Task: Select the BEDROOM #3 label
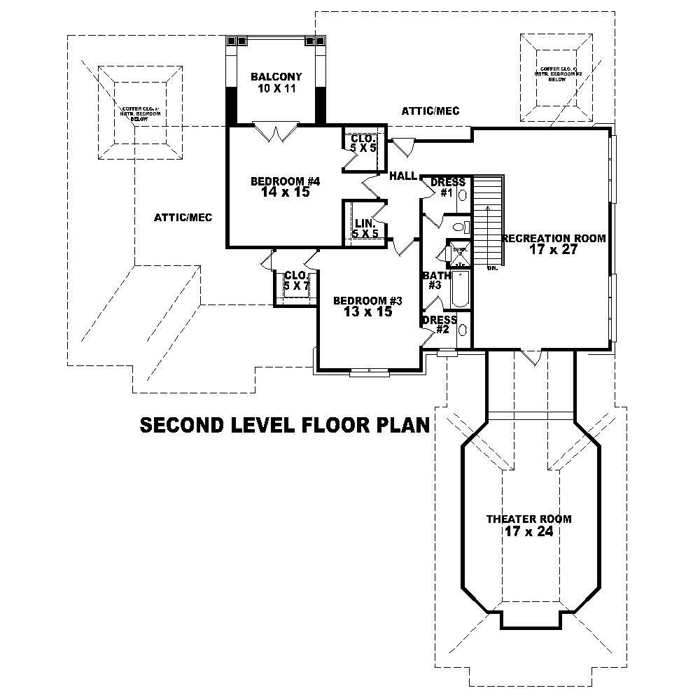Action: coord(367,301)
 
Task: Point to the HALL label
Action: coord(403,176)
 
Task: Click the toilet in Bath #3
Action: coord(459,227)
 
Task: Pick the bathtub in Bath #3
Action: coord(461,289)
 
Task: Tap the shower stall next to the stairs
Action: coord(459,253)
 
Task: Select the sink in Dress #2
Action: coord(463,330)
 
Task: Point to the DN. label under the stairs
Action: coord(491,267)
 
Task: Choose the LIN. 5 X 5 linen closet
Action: coord(365,227)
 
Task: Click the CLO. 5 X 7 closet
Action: coord(296,281)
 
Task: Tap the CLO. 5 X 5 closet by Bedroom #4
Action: coord(363,143)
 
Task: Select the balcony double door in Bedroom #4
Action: coord(277,132)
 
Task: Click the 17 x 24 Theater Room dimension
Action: coord(528,531)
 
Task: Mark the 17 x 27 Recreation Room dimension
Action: coord(554,249)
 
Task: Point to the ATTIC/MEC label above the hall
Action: coord(430,111)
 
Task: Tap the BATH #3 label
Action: coord(432,280)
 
